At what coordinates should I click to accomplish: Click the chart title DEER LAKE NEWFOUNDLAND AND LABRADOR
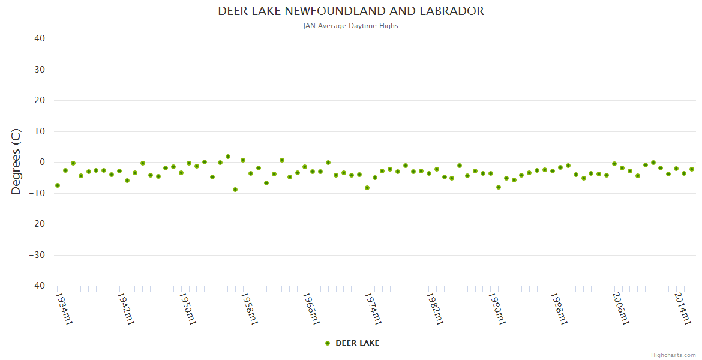click(x=351, y=11)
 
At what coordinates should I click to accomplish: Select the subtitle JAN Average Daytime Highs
click(x=351, y=26)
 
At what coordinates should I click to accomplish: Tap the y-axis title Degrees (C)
click(x=16, y=161)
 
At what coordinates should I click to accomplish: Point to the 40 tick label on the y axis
click(x=40, y=38)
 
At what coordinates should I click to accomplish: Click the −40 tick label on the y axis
click(x=37, y=286)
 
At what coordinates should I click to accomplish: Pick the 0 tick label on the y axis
click(x=42, y=162)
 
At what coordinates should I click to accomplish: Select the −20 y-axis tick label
click(x=37, y=224)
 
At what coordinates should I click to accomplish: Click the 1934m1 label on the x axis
click(x=64, y=308)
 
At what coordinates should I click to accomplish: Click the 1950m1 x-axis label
click(x=188, y=308)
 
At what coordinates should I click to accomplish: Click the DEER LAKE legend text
click(x=357, y=343)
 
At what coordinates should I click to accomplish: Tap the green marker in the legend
click(x=328, y=343)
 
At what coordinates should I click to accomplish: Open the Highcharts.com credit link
click(x=673, y=355)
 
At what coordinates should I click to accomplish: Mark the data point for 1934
click(x=58, y=185)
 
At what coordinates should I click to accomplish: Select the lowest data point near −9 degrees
click(x=235, y=190)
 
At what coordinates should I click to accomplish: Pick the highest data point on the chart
click(x=228, y=157)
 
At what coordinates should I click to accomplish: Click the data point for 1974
click(x=367, y=188)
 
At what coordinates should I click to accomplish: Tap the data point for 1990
click(x=499, y=187)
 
